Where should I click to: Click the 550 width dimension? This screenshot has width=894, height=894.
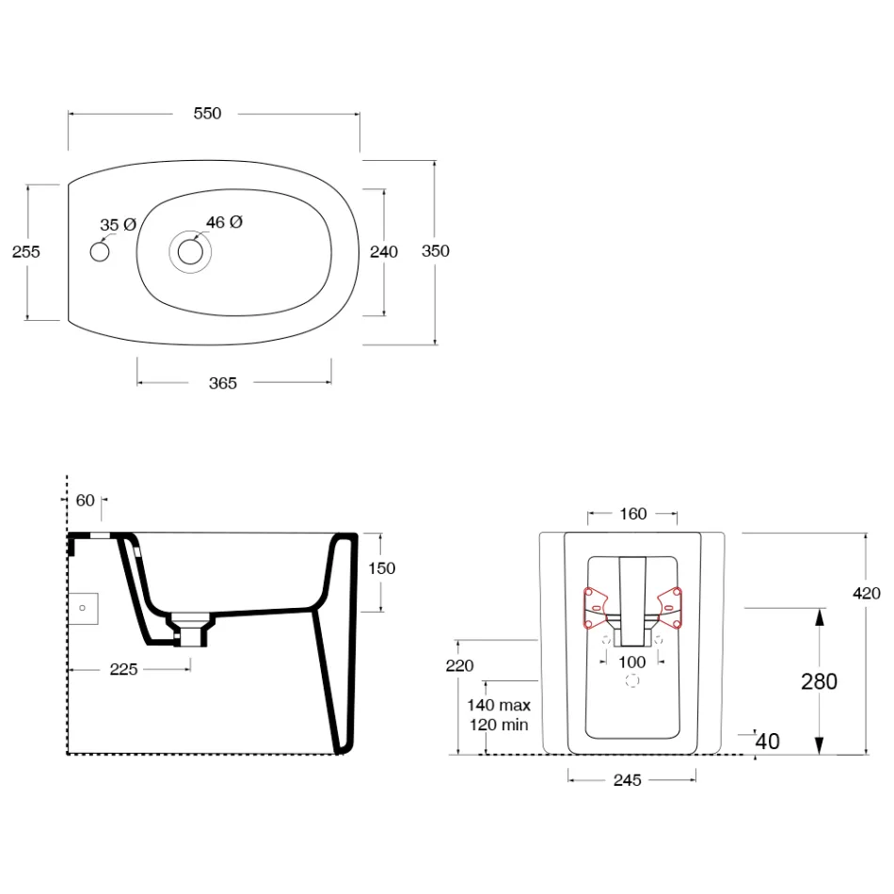point(207,114)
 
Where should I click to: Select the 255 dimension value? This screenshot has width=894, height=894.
point(26,252)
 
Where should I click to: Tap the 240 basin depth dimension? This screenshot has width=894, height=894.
point(384,252)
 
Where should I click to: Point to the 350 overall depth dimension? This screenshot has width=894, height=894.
point(436,251)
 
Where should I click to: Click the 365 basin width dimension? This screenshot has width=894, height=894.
point(223,383)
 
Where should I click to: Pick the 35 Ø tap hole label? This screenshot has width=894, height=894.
point(118,225)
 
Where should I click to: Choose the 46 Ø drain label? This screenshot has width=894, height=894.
point(225,222)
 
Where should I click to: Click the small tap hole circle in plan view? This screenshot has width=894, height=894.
point(100,252)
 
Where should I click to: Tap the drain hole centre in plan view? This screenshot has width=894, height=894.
point(190,252)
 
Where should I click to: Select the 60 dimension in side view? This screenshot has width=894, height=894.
point(85,501)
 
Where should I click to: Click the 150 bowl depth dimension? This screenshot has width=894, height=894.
point(381,568)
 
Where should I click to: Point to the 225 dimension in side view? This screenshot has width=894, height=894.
point(123,669)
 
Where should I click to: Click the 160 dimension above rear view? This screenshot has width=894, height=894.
point(633,514)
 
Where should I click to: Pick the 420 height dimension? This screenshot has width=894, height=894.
point(866,594)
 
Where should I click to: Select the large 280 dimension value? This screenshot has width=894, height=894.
point(820,682)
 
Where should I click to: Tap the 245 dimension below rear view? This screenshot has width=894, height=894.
point(627,780)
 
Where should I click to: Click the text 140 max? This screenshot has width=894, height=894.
point(499,705)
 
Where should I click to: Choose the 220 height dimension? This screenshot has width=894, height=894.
point(459,666)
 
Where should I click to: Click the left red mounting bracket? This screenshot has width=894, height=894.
point(596,608)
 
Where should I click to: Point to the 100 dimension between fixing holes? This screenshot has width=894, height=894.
point(632,663)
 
